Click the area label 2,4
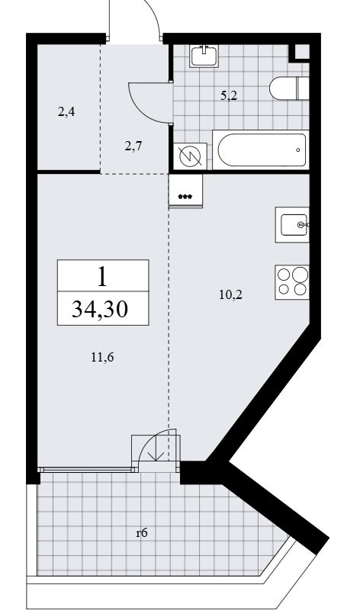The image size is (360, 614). click(x=66, y=112)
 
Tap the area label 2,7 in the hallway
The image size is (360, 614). click(x=133, y=147)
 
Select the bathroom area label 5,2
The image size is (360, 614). click(x=229, y=95)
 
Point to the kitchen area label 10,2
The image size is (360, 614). click(x=231, y=294)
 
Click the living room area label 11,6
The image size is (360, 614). click(x=103, y=357)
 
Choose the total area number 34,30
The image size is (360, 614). click(x=100, y=310)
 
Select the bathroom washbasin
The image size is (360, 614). click(x=204, y=56)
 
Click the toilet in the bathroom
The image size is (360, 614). click(x=290, y=88)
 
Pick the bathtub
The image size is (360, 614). click(x=262, y=150)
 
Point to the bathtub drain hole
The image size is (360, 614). click(x=298, y=150)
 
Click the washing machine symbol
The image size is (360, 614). click(x=190, y=156)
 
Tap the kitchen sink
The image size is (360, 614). click(x=292, y=225)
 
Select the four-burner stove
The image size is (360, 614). click(x=292, y=282)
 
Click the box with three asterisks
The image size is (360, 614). click(x=185, y=191)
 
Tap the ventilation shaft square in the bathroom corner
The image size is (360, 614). click(x=300, y=52)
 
